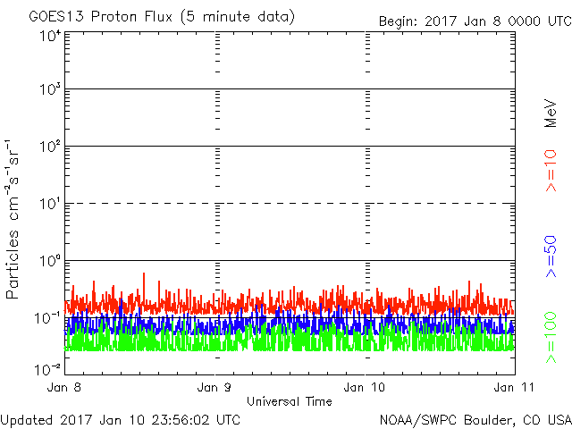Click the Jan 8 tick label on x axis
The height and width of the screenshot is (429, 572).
click(x=66, y=388)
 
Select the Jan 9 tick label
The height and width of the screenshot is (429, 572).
click(x=215, y=388)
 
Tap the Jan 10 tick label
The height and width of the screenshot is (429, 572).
click(x=366, y=388)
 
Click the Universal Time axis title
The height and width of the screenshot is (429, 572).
click(x=290, y=401)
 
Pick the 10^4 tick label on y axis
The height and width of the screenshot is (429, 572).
click(x=49, y=36)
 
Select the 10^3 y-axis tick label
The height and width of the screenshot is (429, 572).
click(x=49, y=89)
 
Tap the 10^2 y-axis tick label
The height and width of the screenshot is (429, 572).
click(x=49, y=147)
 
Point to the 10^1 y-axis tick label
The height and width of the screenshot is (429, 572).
click(x=49, y=204)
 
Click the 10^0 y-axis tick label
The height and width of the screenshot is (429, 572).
click(x=49, y=261)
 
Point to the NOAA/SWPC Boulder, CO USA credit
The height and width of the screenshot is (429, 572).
click(x=475, y=419)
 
